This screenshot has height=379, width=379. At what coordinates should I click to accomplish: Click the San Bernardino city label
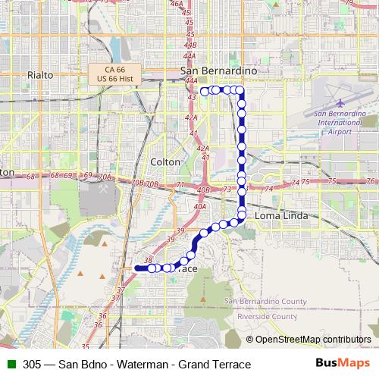pyautogui.click(x=219, y=70)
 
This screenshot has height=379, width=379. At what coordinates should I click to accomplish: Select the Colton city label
pyautogui.click(x=166, y=162)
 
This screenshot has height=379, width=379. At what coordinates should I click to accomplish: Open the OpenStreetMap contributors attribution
pyautogui.click(x=312, y=340)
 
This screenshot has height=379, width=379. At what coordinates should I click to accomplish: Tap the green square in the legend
pyautogui.click(x=10, y=363)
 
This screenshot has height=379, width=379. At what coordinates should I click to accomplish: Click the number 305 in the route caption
pyautogui.click(x=32, y=363)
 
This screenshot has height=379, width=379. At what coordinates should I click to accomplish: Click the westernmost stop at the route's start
pyautogui.click(x=152, y=268)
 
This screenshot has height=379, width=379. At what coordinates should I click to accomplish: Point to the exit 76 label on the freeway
pyautogui.click(x=370, y=181)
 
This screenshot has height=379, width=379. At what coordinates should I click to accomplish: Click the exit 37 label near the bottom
pyautogui.click(x=121, y=290)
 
